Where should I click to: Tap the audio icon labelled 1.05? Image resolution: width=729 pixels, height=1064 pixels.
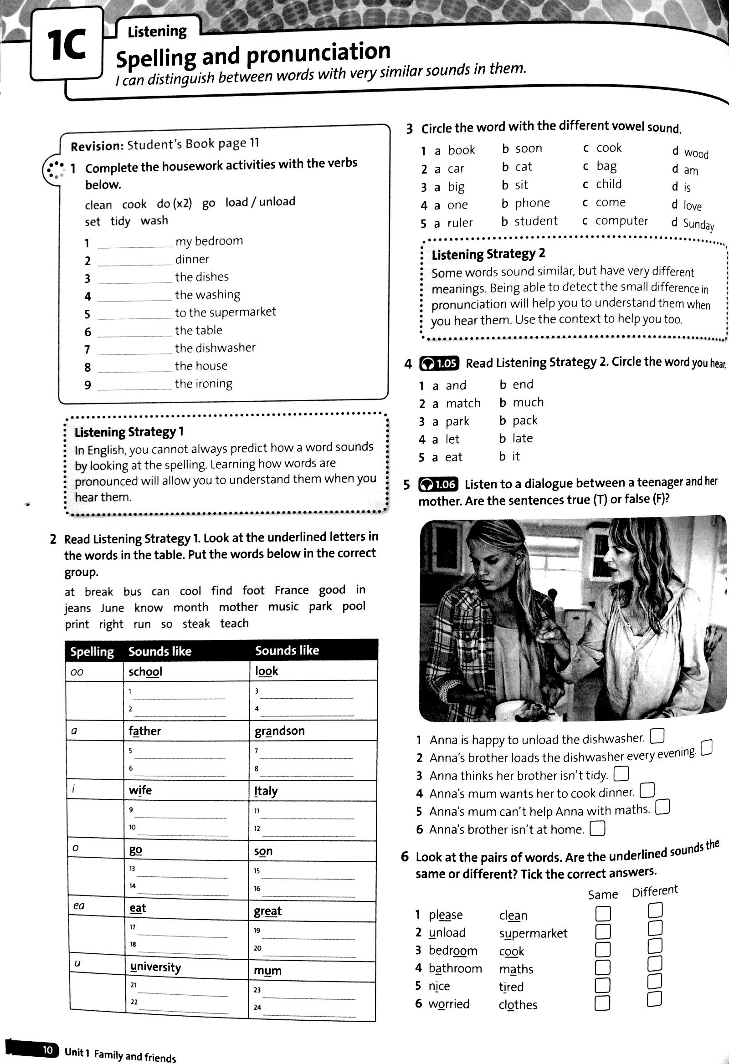438,363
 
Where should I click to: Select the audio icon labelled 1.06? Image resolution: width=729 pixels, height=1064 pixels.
437,484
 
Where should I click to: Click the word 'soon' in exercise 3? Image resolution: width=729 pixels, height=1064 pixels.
529,148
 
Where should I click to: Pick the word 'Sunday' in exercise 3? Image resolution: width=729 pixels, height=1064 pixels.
698,224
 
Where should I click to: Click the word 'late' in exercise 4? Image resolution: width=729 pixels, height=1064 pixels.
523,438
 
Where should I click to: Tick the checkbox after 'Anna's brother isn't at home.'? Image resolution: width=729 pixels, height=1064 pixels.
598,828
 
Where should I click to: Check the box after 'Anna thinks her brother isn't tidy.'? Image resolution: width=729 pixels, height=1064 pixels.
621,774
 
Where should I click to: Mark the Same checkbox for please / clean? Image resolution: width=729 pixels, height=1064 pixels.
603,914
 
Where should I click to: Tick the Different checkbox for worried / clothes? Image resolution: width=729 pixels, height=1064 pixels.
654,998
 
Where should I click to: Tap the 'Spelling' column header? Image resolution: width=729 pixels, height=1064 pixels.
92,651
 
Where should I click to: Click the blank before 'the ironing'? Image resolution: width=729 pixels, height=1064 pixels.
134,385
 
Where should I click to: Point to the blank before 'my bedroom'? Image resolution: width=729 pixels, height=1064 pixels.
134,243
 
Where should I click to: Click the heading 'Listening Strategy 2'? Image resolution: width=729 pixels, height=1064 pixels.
488,254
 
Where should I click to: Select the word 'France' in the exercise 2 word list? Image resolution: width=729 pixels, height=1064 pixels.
292,590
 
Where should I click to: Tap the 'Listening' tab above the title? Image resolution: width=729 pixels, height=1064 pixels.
157,31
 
